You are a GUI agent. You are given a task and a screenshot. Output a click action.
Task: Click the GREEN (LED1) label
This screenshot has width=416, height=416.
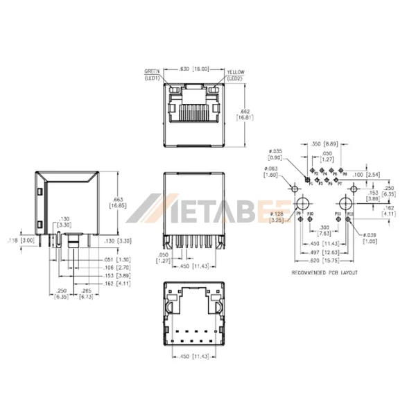tap(153, 75)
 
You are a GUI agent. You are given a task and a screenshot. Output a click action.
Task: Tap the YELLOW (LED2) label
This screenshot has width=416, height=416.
tap(235, 75)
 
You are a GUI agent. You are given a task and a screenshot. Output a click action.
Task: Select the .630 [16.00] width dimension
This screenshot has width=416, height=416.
tap(193, 70)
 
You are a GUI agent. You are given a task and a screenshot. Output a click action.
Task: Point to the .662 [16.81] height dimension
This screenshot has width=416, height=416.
tap(244, 114)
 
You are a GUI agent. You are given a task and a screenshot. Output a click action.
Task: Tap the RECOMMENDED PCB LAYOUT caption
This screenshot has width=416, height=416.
tap(324, 273)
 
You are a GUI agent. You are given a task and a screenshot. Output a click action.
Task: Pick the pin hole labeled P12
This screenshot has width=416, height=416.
tap(351, 218)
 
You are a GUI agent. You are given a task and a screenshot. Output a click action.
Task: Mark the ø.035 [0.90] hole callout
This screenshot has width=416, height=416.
tap(277, 153)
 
